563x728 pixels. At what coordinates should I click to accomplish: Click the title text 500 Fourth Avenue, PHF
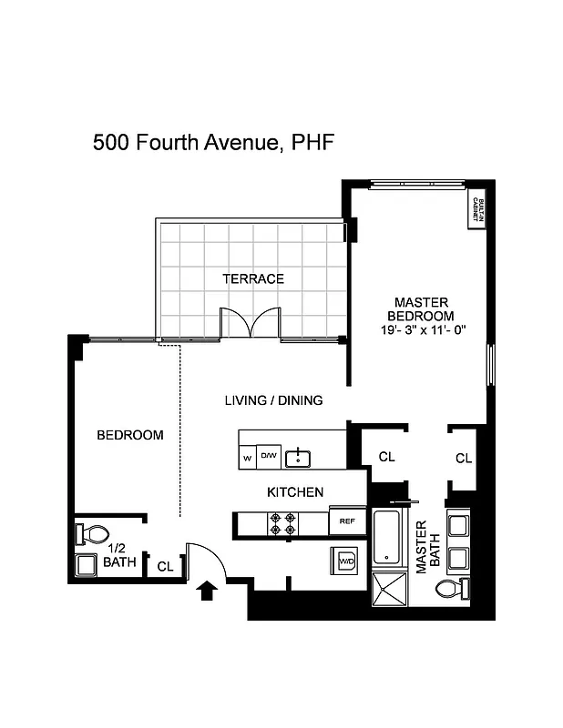click(x=208, y=144)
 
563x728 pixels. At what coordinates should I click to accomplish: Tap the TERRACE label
click(x=253, y=279)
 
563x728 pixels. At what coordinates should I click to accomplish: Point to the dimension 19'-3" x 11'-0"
click(x=424, y=330)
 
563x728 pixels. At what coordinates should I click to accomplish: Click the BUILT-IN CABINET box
click(x=476, y=210)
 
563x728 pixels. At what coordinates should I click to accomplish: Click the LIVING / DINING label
click(x=273, y=400)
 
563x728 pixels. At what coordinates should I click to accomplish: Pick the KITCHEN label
click(x=294, y=492)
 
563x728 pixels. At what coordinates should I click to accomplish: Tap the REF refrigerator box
click(x=346, y=521)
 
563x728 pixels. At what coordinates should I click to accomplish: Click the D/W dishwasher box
click(x=270, y=455)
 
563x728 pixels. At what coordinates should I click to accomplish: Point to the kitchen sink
click(x=298, y=457)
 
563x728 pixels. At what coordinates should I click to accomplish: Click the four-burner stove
click(x=280, y=522)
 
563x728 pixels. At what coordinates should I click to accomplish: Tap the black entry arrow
click(x=207, y=591)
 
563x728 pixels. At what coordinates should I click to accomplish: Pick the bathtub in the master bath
click(x=385, y=537)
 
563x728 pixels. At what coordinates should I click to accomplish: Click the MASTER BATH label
click(x=422, y=547)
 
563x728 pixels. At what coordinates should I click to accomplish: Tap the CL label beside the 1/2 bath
click(x=165, y=567)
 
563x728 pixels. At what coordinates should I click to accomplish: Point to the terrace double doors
click(x=249, y=326)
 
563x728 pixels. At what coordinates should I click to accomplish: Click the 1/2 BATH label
click(x=118, y=555)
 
